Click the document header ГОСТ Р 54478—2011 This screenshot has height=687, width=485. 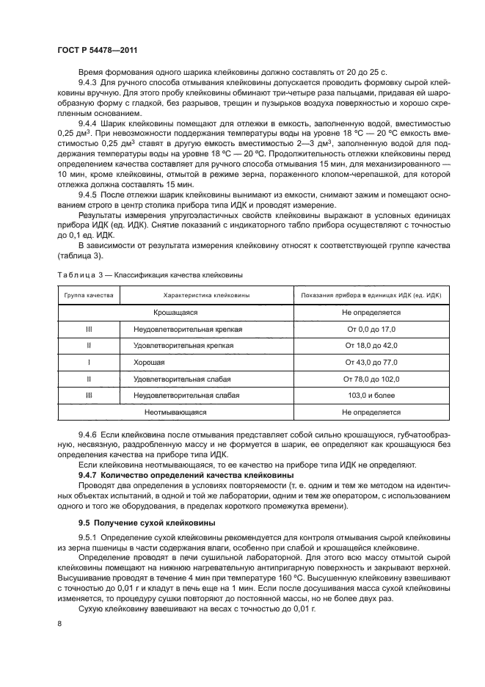tap(96, 49)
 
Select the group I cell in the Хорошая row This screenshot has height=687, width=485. tap(88, 363)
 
